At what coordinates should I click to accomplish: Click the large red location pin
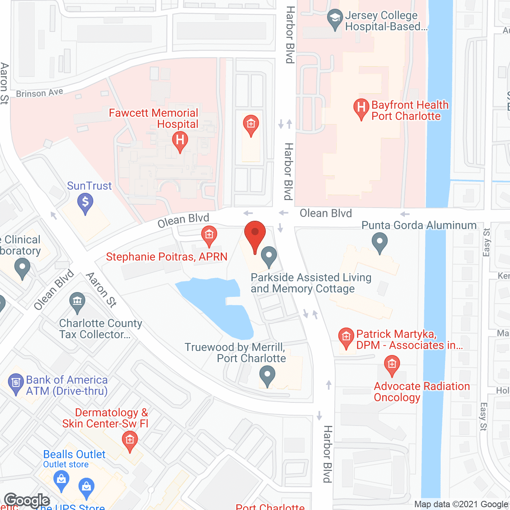coord(255,235)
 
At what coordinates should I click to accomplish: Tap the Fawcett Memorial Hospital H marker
coord(180,141)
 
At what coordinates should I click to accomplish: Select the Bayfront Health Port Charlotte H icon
coord(361,108)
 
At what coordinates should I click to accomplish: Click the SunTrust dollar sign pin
coord(85,202)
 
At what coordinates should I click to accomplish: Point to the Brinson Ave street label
coord(39,93)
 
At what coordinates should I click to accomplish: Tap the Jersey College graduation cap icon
coord(335,18)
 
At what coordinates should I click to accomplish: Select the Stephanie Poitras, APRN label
coord(167,257)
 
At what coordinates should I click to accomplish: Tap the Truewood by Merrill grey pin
coord(267,376)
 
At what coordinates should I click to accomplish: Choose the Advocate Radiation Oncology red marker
coord(392,365)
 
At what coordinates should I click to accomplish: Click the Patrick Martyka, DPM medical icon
coord(346,337)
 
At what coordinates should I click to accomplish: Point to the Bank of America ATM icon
coord(16,383)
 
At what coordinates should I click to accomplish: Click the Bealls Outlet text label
coord(74,454)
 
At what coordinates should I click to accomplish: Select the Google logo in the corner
coord(27,500)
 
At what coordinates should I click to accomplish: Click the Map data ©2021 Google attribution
coord(461,504)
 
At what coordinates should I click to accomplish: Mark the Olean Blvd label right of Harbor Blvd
coord(326,214)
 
